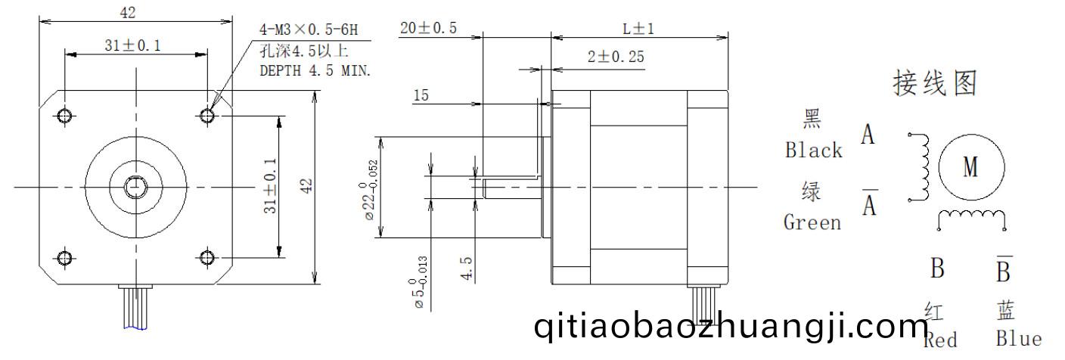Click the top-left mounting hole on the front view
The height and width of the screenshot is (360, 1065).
tap(65, 115)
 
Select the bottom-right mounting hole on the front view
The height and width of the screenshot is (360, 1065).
tap(206, 258)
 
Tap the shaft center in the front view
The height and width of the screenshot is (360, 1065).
tap(136, 187)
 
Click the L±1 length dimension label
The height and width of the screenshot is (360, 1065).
tap(638, 29)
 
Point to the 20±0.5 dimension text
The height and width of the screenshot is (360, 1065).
tap(428, 28)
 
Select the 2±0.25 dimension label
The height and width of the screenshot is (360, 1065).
tap(616, 57)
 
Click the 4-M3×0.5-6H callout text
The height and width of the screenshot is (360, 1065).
tap(309, 30)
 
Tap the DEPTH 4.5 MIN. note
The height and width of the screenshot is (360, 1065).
tap(315, 71)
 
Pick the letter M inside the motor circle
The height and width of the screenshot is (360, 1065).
tap(970, 167)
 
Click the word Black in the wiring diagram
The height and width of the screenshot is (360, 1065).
tap(813, 151)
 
